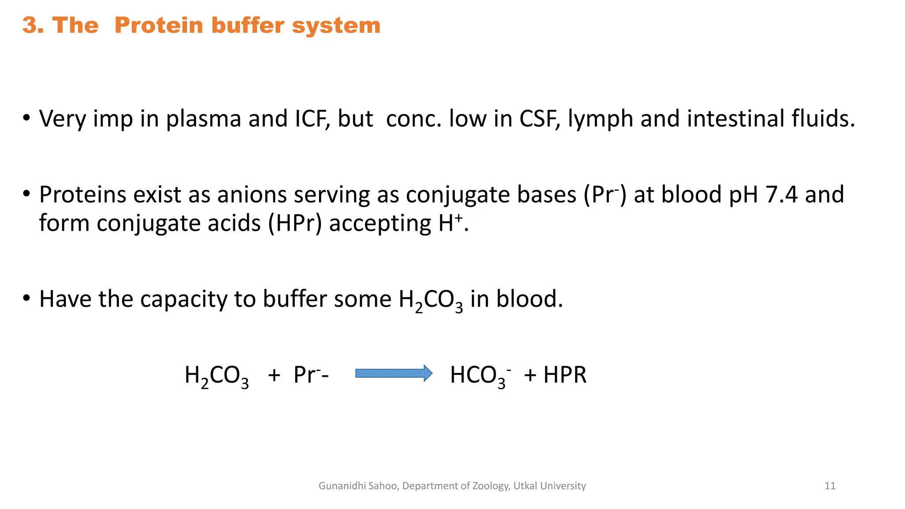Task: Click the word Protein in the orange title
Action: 160,25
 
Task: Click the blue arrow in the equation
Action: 394,374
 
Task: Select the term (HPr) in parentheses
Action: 295,223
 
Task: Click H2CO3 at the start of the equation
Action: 217,376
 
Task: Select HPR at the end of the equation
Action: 565,375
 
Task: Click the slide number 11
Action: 830,486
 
